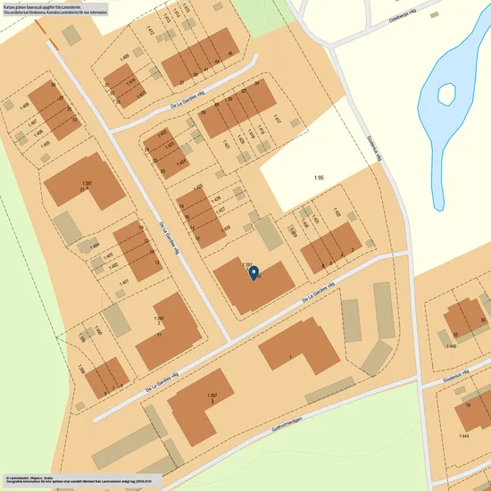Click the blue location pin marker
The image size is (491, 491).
(253, 272)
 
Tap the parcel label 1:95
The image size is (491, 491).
(319, 179)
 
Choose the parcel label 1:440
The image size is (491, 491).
(451, 345)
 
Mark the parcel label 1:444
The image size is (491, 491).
(463, 436)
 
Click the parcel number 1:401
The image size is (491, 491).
(124, 282)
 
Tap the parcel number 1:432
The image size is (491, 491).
(337, 212)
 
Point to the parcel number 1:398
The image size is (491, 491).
(79, 367)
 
